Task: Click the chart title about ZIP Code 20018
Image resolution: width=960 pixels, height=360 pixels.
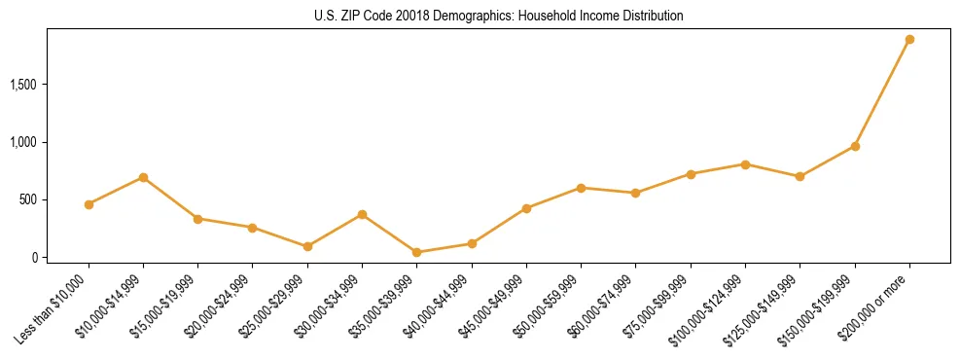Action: (480, 17)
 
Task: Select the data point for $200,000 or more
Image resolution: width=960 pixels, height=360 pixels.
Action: (909, 40)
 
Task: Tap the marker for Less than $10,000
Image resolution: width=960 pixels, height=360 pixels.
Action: (89, 204)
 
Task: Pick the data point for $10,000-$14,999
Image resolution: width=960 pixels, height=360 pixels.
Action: (143, 177)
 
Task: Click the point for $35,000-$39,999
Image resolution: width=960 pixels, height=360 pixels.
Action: (416, 252)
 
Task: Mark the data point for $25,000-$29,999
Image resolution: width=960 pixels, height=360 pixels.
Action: (307, 246)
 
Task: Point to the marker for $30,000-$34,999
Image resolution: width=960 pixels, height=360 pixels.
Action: (362, 214)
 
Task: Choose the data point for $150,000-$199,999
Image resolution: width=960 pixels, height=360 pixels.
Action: (855, 146)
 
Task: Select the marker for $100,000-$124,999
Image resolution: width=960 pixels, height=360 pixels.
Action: (745, 164)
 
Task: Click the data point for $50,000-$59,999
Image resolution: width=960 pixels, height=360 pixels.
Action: (581, 188)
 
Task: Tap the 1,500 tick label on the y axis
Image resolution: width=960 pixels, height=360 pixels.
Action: (23, 85)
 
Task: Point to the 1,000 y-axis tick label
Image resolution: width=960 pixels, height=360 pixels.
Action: (23, 142)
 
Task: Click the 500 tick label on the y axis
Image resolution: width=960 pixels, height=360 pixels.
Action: (28, 199)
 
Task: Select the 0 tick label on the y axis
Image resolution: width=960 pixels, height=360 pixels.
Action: (34, 258)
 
